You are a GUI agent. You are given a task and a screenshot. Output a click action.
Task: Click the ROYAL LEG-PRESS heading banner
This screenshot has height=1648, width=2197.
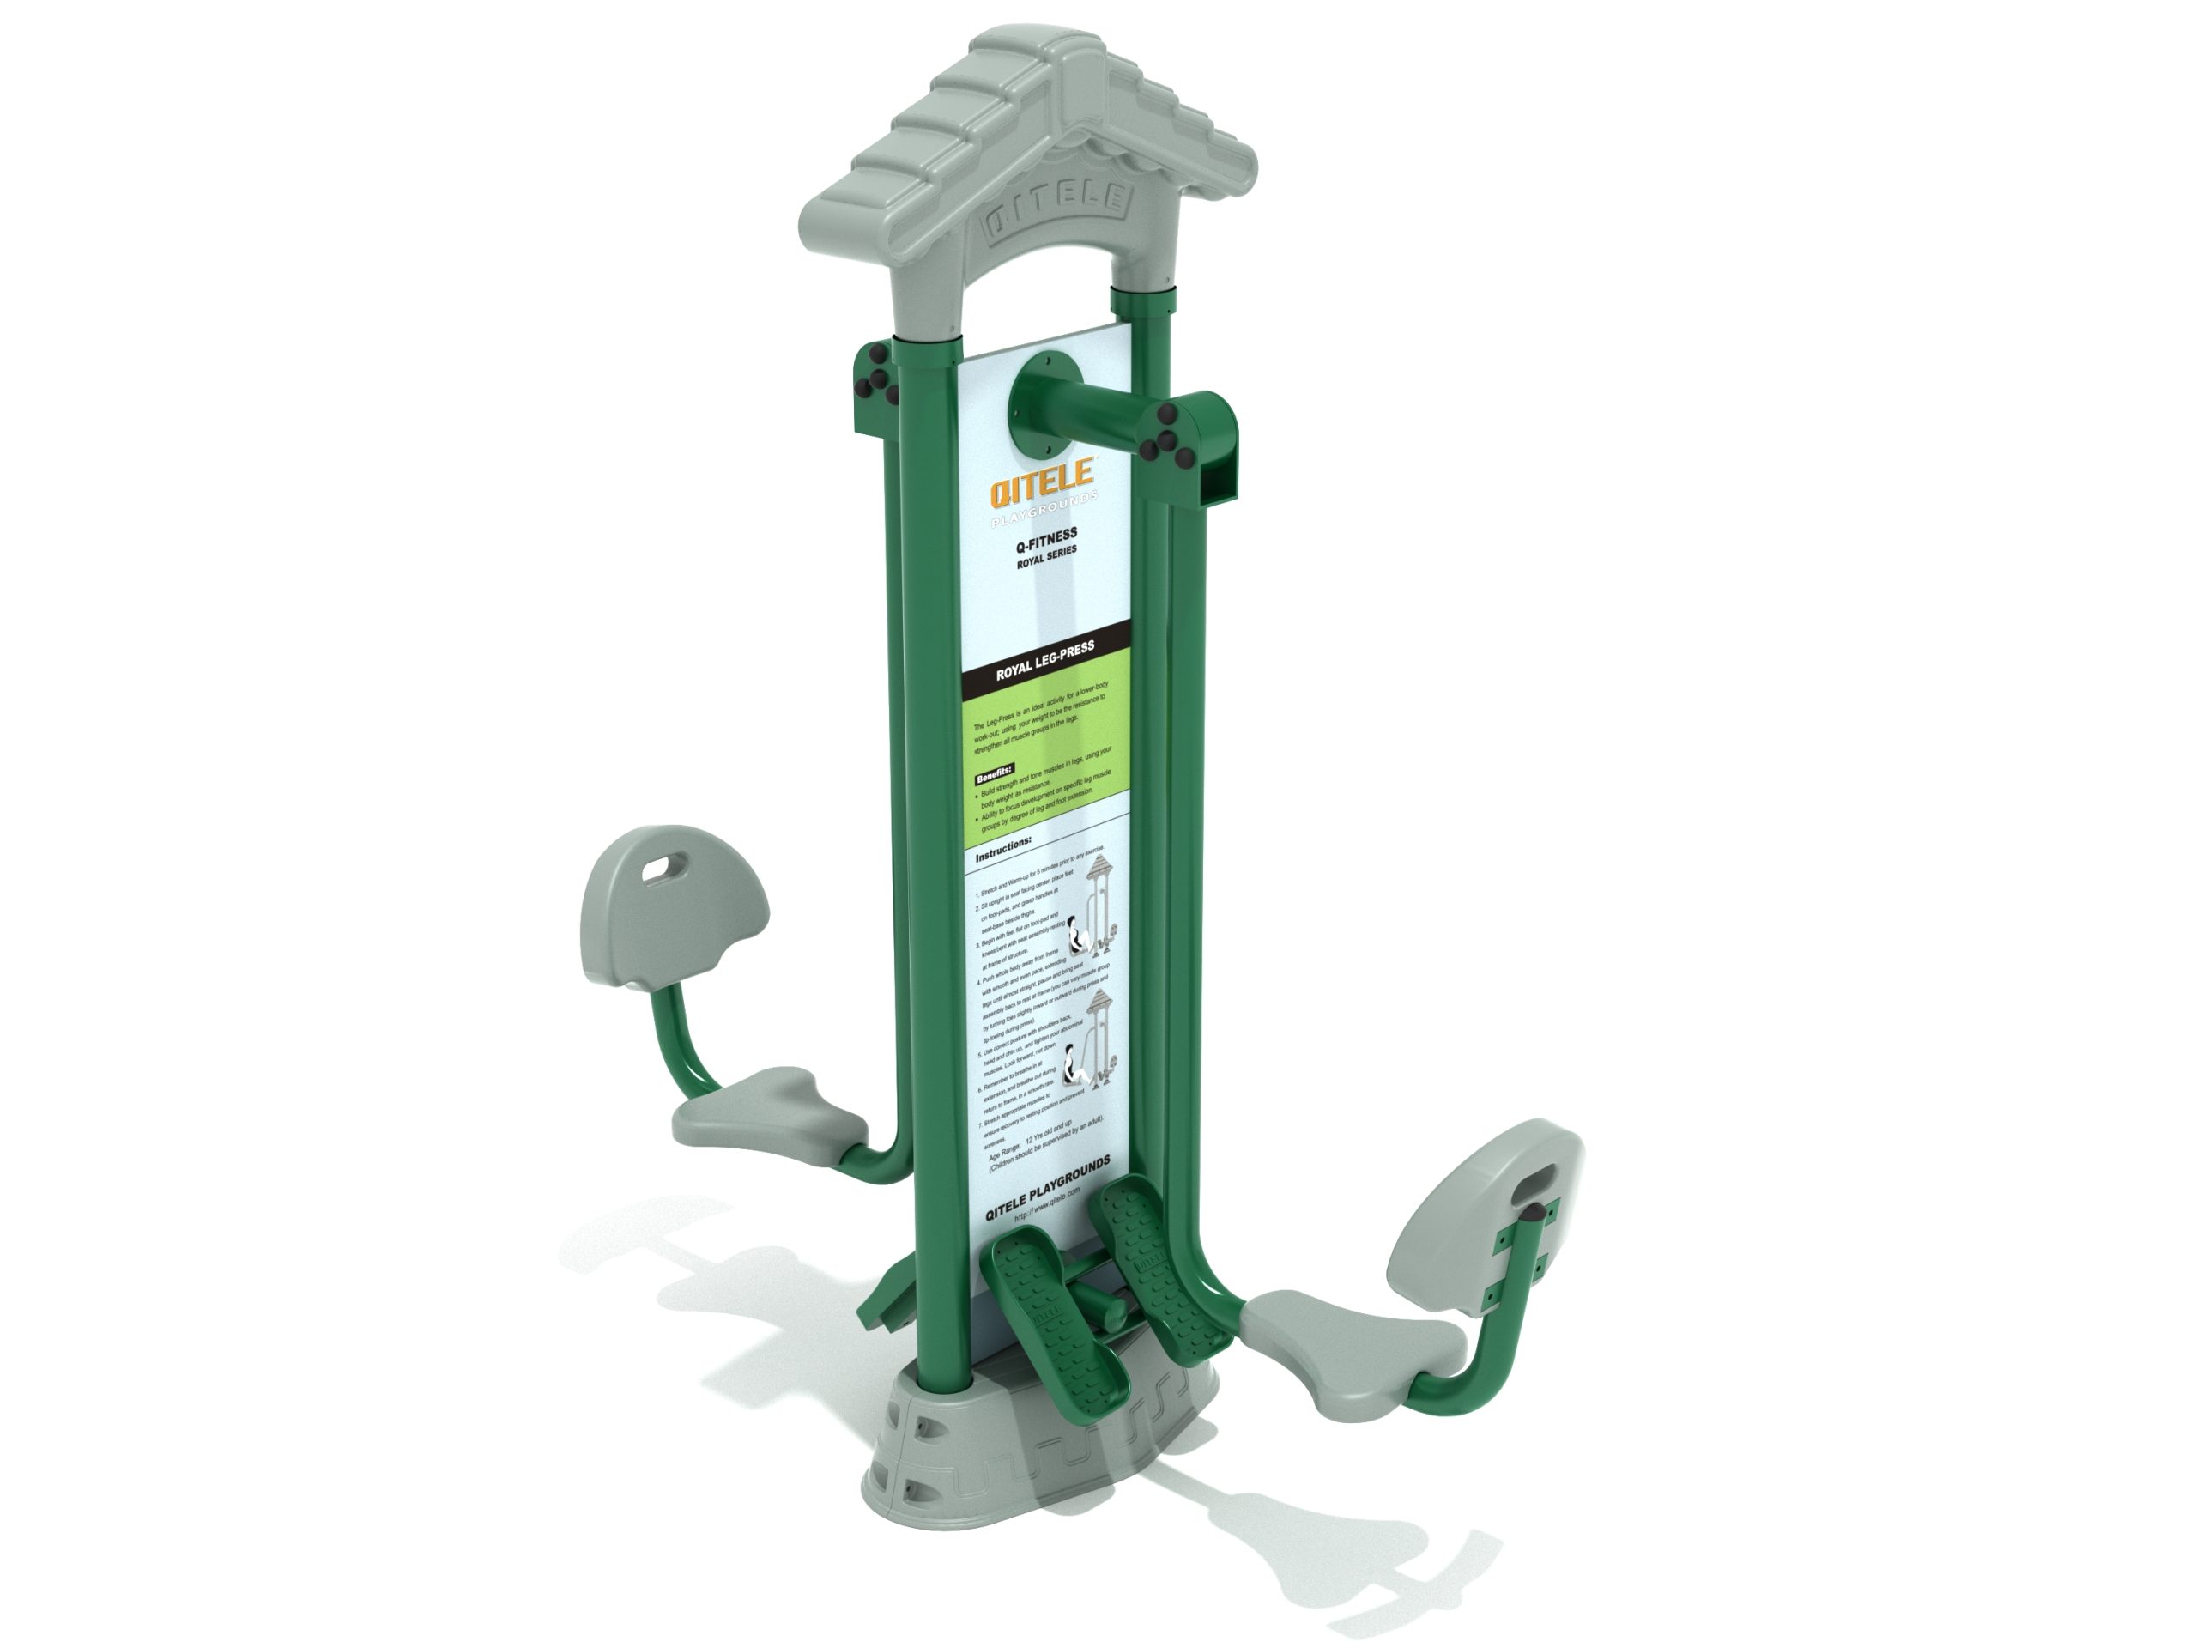pyautogui.click(x=1045, y=661)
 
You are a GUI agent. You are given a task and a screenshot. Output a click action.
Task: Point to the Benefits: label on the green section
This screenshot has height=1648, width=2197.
pyautogui.click(x=993, y=772)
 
